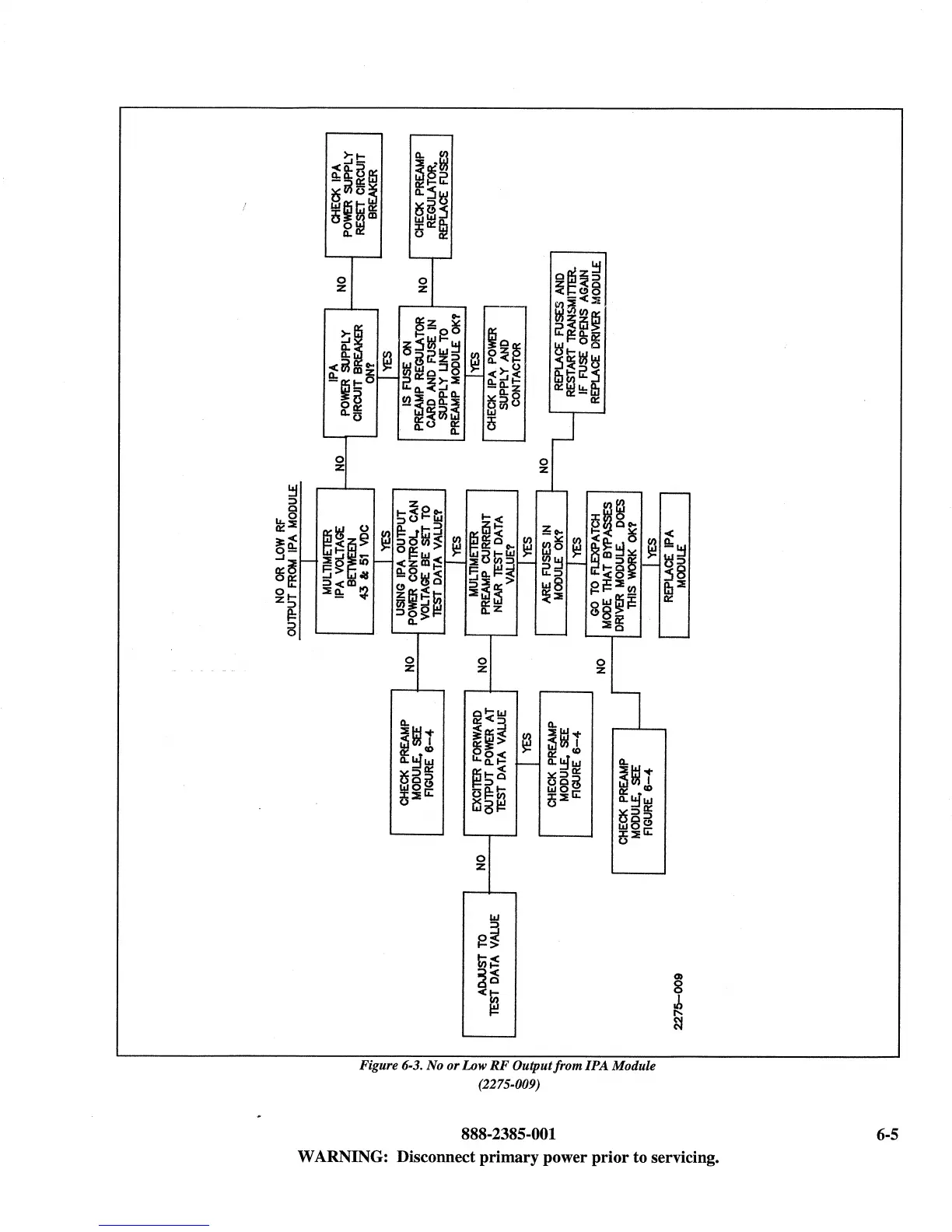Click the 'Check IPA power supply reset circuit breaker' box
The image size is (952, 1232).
(354, 195)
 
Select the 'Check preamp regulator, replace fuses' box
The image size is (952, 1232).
(431, 195)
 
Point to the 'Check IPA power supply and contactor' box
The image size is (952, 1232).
(504, 373)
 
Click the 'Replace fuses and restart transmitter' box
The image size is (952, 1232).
(577, 332)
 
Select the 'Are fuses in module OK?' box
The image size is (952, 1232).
(551, 562)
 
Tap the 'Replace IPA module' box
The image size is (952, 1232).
(674, 565)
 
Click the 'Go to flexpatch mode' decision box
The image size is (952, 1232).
(614, 564)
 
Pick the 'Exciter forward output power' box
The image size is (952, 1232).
(490, 762)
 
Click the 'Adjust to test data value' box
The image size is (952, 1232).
(489, 964)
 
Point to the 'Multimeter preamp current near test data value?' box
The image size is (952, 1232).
(491, 562)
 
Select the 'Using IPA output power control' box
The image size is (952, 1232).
(418, 561)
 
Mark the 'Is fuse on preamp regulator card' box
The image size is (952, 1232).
(432, 373)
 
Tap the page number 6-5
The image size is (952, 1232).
(886, 1134)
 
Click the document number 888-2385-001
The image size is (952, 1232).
(509, 1134)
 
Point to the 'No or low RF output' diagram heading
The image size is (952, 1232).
(293, 560)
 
